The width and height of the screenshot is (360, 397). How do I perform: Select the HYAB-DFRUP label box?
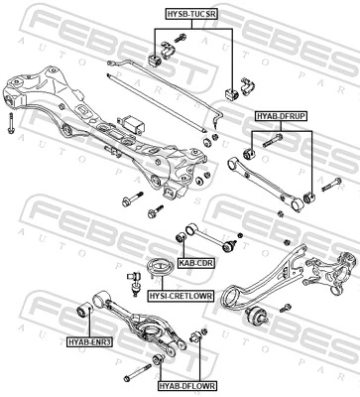(281, 116)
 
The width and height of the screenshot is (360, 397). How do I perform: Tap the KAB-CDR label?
(196, 263)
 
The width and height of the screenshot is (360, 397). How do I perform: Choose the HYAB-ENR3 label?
(90, 342)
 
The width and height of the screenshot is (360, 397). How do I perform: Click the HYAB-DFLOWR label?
(185, 385)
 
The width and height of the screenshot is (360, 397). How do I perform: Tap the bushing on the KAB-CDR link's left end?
(180, 237)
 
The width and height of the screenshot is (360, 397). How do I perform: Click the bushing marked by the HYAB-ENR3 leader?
(85, 314)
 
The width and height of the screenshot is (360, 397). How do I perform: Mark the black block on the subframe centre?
(134, 124)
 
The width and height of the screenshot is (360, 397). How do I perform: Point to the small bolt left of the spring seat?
(132, 270)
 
